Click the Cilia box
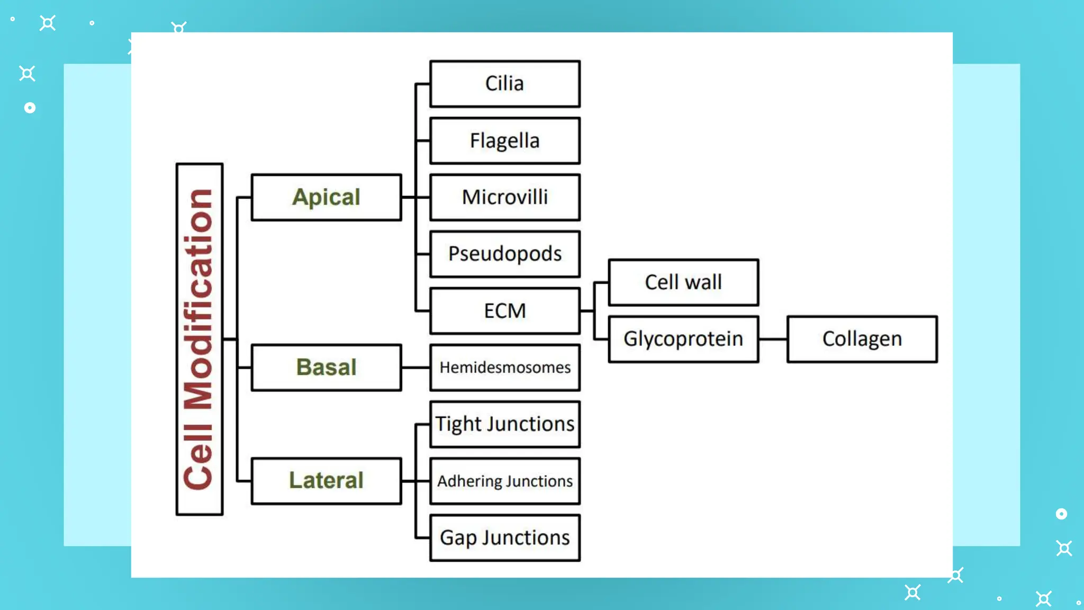pyautogui.click(x=504, y=84)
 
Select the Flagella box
pyautogui.click(x=504, y=141)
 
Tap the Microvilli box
pyautogui.click(x=504, y=198)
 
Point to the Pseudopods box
pyautogui.click(x=504, y=254)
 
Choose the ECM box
pyautogui.click(x=504, y=311)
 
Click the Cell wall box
pyautogui.click(x=683, y=282)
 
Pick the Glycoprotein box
pyautogui.click(x=683, y=339)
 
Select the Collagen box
pyautogui.click(x=862, y=339)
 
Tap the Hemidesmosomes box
pyautogui.click(x=504, y=367)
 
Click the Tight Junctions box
pyautogui.click(x=504, y=424)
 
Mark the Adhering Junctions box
pyautogui.click(x=504, y=481)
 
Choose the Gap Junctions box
pyautogui.click(x=504, y=537)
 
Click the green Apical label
pyautogui.click(x=326, y=198)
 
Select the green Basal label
pyautogui.click(x=326, y=367)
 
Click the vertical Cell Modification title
pyautogui.click(x=199, y=339)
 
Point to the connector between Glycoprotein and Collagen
pyautogui.click(x=773, y=339)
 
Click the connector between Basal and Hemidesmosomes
pyautogui.click(x=415, y=367)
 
